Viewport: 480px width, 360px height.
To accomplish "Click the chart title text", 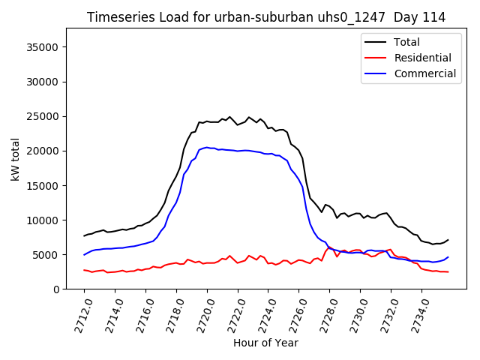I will pos(266,17).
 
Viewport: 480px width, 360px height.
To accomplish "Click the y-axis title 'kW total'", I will pos(15,159).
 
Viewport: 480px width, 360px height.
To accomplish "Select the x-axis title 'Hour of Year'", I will pos(265,343).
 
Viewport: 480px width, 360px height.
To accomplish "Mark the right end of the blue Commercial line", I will pos(448,257).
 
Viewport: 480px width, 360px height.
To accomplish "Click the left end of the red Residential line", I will pos(84,270).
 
